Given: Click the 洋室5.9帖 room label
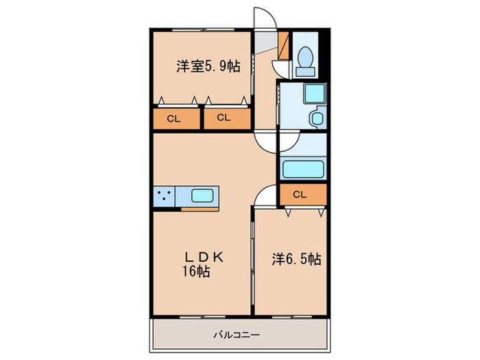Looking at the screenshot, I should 208,67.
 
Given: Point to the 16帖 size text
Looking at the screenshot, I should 196,271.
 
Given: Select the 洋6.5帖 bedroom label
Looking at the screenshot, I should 296,260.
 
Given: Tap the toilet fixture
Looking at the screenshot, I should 305,60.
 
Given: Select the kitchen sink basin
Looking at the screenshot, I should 202,195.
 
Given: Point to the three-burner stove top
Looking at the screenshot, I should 164,195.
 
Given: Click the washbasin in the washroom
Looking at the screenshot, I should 318,118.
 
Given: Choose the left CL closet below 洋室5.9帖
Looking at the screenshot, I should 175,119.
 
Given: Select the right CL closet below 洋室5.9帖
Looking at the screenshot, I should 224,118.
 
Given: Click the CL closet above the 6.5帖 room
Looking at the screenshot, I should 300,195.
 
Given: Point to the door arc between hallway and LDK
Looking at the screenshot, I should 266,141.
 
